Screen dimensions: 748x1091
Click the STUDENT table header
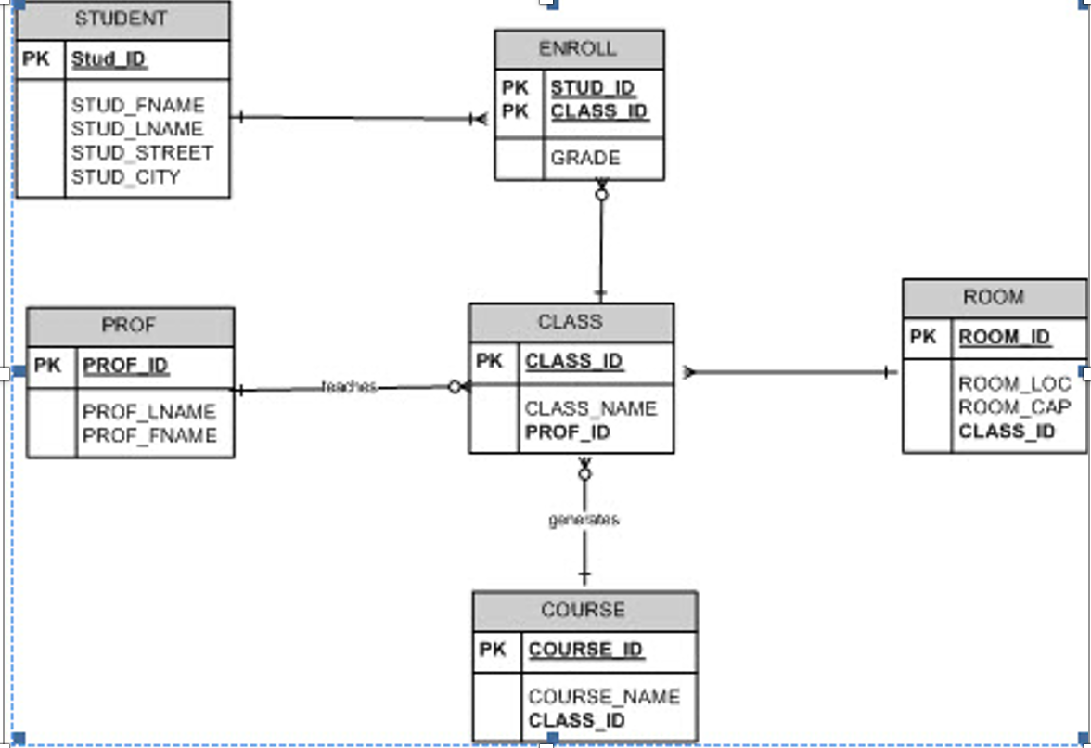point(122,19)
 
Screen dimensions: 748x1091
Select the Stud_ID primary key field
point(109,60)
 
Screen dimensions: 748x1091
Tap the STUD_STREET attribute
point(142,153)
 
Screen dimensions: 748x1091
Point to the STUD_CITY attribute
point(125,177)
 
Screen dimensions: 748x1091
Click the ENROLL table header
point(578,49)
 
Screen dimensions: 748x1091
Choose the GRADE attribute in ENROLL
point(585,159)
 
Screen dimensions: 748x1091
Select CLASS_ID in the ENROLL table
point(598,112)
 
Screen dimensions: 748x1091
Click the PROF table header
point(129,326)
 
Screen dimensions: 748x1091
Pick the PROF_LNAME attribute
point(148,412)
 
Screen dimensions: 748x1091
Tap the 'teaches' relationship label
point(349,386)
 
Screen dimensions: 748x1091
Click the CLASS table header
point(571,322)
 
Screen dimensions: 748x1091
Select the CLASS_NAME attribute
point(590,408)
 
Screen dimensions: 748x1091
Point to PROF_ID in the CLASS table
point(568,432)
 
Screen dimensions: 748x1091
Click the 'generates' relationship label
point(584,520)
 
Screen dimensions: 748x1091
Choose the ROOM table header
point(994,298)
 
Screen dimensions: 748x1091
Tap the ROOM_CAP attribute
point(1014,407)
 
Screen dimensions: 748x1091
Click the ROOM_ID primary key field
point(1005,337)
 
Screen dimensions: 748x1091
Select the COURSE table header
point(584,611)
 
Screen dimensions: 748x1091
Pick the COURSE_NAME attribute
point(604,697)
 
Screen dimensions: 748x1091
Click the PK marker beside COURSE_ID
point(494,650)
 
